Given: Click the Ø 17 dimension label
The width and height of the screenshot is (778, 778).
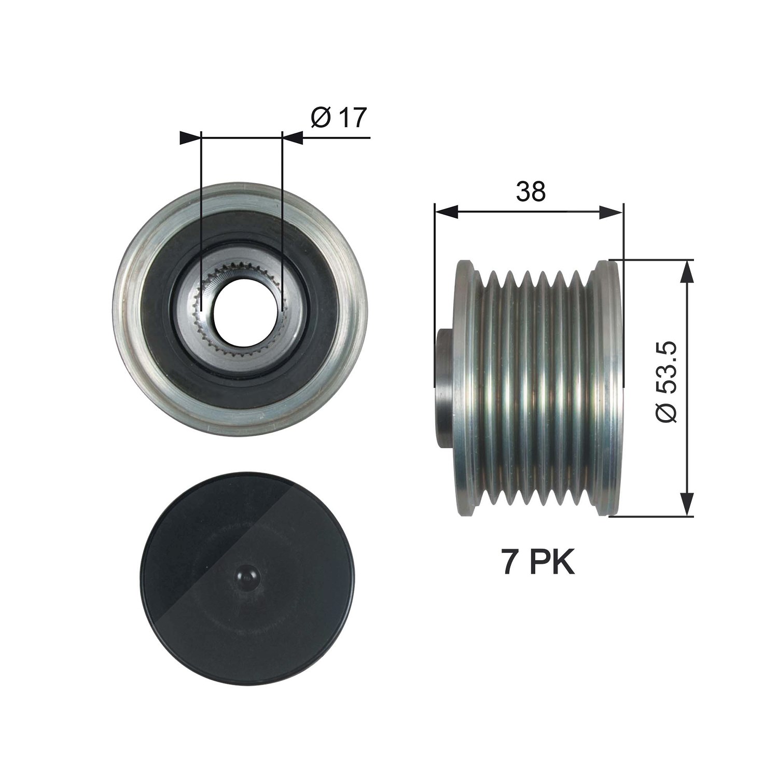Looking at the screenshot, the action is click(x=339, y=118).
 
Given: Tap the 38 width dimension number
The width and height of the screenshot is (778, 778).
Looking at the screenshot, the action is click(x=531, y=191).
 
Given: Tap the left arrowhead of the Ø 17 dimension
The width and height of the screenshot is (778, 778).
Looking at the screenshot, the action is click(x=190, y=138).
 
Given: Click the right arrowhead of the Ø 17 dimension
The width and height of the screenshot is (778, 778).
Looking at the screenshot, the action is click(x=292, y=138).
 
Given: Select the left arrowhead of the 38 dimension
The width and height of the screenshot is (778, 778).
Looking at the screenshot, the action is click(x=447, y=212).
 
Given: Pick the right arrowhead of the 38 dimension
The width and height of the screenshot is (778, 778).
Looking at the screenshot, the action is click(x=611, y=212).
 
